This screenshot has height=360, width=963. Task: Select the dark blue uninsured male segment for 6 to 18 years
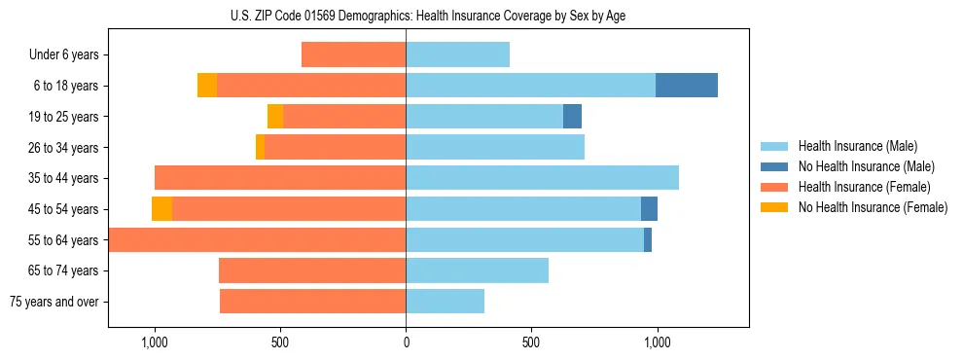click(x=686, y=86)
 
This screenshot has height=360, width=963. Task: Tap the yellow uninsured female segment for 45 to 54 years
click(x=161, y=209)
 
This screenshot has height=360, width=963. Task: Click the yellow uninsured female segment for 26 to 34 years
click(x=260, y=147)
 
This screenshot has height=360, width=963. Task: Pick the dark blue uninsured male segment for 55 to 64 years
click(x=648, y=240)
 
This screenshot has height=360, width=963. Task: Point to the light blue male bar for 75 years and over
click(x=445, y=302)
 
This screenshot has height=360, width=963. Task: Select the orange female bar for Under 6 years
click(x=353, y=54)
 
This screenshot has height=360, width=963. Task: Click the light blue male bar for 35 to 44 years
click(x=542, y=178)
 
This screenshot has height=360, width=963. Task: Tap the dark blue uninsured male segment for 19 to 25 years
click(x=572, y=117)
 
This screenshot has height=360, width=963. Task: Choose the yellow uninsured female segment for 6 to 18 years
click(x=206, y=86)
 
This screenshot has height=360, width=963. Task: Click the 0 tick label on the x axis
click(x=406, y=343)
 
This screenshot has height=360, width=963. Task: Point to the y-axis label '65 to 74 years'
click(x=63, y=271)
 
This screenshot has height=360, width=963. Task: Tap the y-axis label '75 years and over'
click(x=54, y=303)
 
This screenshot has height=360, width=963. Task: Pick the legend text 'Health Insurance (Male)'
click(x=857, y=146)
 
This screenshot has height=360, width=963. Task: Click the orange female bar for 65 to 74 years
click(x=311, y=270)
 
